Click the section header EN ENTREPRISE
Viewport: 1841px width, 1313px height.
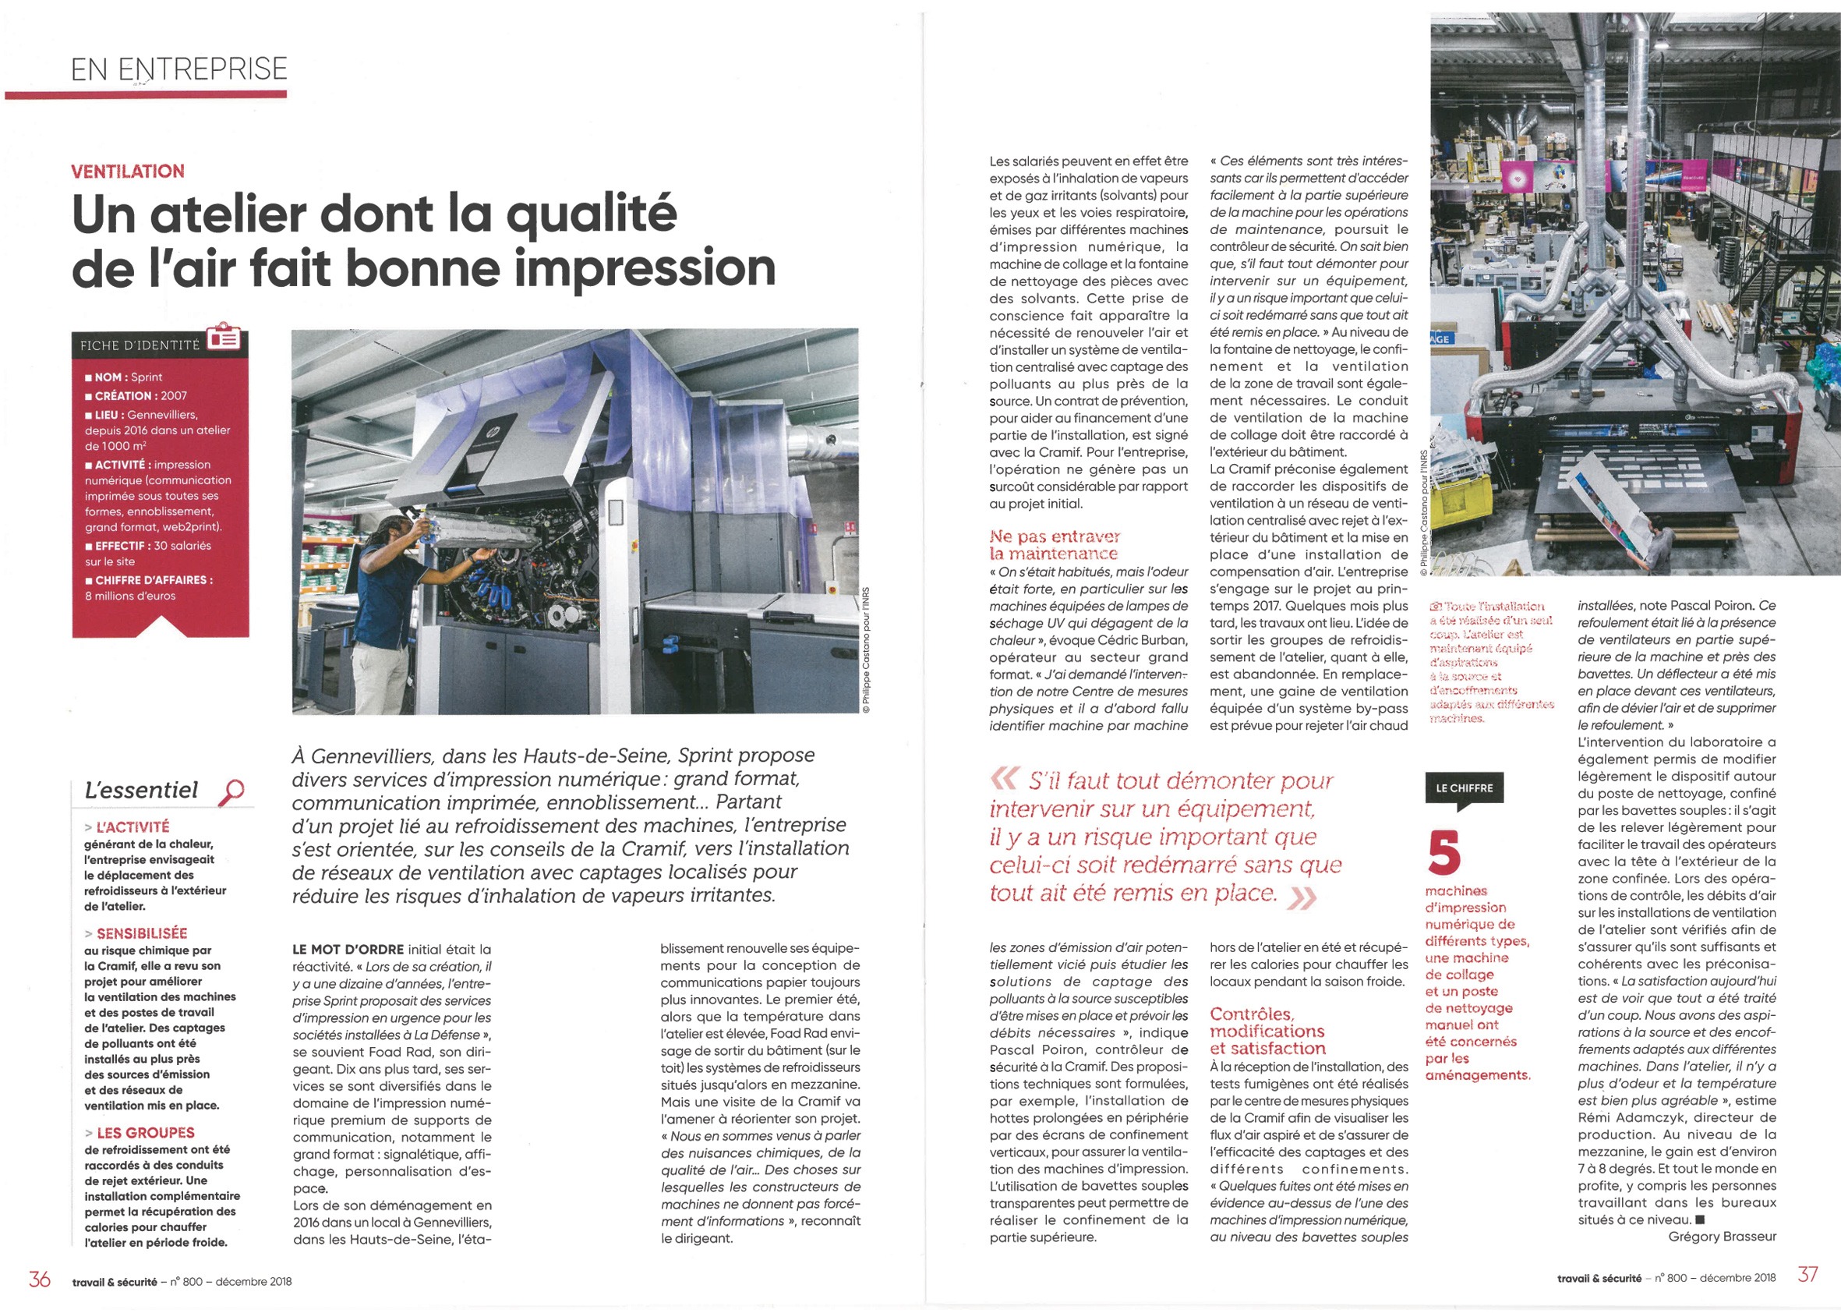[x=178, y=69]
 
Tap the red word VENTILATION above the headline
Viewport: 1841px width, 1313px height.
[x=128, y=172]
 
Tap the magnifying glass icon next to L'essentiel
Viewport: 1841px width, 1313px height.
[x=231, y=791]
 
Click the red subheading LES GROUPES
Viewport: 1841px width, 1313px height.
[x=145, y=1133]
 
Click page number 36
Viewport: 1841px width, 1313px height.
[x=40, y=1279]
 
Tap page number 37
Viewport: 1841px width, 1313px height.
[x=1807, y=1274]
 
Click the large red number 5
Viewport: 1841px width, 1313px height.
[x=1443, y=854]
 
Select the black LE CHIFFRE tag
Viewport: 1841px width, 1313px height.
[x=1465, y=788]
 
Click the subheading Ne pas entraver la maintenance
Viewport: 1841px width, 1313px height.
[x=1054, y=545]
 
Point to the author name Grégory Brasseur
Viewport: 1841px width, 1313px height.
[x=1722, y=1236]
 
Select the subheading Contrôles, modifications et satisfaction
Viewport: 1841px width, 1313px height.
[x=1267, y=1031]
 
